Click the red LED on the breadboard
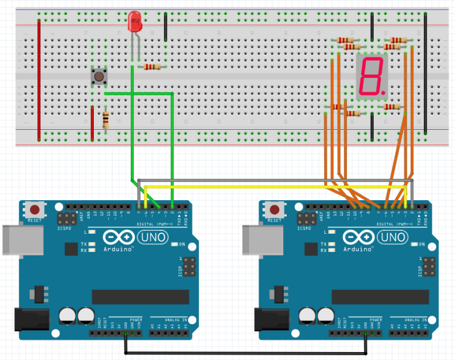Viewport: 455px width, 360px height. tap(136, 23)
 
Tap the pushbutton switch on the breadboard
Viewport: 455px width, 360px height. tap(99, 76)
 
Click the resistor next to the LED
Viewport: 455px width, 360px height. tap(152, 67)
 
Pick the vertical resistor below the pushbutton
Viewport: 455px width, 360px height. tap(105, 119)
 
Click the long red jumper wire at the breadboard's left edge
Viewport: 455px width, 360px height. tap(39, 80)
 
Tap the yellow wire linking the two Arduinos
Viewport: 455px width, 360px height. tap(273, 187)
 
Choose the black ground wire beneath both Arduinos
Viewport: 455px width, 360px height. tap(245, 353)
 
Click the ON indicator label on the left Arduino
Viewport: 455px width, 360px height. tap(182, 245)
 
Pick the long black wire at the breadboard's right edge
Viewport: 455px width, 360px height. tap(425, 74)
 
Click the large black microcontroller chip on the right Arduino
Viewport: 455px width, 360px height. tap(380, 297)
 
